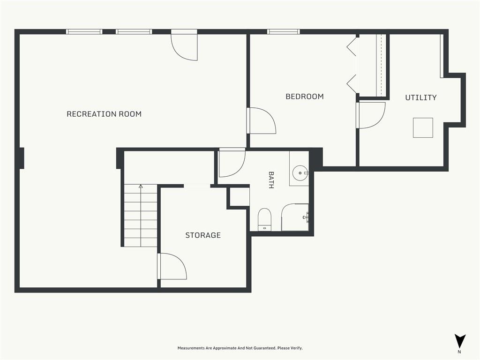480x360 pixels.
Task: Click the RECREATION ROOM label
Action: coord(104,114)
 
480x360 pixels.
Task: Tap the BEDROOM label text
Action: coord(305,97)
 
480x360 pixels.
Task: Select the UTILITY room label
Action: coord(421,97)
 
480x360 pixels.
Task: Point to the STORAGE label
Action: coord(203,235)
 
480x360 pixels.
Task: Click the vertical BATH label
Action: coord(271,180)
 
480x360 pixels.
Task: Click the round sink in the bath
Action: coord(300,173)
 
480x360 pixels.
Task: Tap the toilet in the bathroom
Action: coord(264,219)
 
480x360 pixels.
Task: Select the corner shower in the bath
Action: coord(295,217)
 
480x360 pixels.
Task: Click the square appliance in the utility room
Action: coord(423,127)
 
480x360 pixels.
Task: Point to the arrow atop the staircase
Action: coord(141,186)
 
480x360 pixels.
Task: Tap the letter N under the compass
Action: coord(459,352)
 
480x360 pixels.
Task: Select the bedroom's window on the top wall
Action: coord(284,31)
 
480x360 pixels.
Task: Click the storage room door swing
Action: coord(172,266)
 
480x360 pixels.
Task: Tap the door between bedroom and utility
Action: coord(370,115)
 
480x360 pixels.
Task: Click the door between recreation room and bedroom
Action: coord(261,120)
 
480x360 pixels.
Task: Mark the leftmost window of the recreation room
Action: coord(84,31)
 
